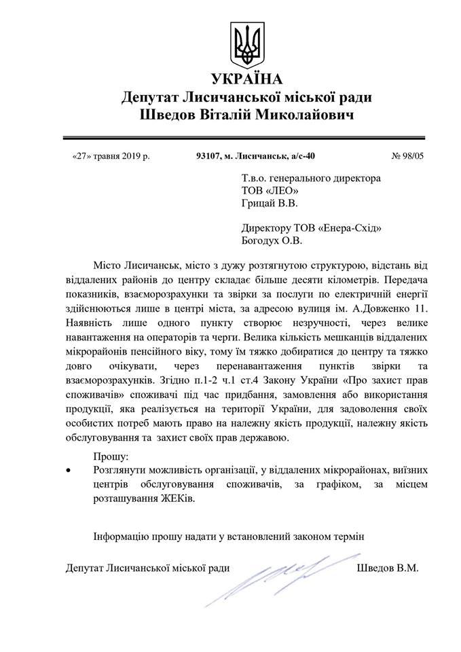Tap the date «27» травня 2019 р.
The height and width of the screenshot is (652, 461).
111,156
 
